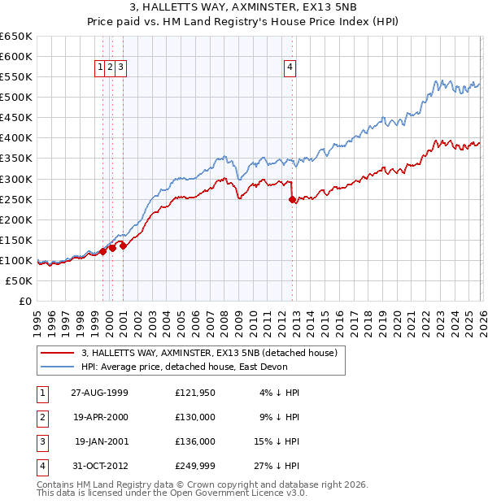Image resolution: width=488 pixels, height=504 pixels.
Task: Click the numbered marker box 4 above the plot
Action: pyautogui.click(x=290, y=68)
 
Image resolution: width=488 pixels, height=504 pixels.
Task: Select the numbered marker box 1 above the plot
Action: pyautogui.click(x=101, y=68)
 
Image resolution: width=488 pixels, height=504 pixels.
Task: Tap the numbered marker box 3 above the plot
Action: pyautogui.click(x=120, y=68)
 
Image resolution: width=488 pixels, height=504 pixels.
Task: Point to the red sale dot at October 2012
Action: pyautogui.click(x=292, y=199)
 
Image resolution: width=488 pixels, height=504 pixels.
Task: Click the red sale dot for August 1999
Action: pyautogui.click(x=103, y=251)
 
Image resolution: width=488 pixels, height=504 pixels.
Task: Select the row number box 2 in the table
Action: pyautogui.click(x=41, y=417)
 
